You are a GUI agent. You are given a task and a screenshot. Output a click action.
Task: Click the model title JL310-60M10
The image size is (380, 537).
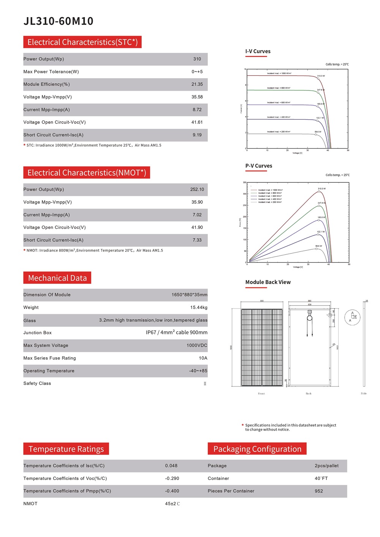tap(59, 21)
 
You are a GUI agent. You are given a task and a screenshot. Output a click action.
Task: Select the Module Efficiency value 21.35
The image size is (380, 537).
tap(197, 84)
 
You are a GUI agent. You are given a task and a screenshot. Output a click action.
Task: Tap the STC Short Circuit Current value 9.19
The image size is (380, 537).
tap(197, 135)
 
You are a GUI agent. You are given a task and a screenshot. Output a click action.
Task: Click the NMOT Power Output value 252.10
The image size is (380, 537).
tap(197, 189)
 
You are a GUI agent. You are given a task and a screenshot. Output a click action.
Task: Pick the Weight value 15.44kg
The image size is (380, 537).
tap(199, 307)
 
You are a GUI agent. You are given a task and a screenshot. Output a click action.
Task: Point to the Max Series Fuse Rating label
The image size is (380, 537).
tap(49, 358)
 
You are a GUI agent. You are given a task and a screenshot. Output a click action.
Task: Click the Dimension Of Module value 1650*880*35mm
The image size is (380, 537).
tap(189, 295)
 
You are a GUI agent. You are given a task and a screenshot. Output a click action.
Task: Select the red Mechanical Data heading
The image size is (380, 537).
tap(57, 278)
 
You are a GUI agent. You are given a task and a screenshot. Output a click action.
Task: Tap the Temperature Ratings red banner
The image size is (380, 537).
tap(66, 449)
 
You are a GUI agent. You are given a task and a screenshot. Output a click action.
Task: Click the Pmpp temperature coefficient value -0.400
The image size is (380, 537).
tap(172, 491)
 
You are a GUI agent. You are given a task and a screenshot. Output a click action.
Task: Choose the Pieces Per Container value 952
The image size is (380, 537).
tap(318, 491)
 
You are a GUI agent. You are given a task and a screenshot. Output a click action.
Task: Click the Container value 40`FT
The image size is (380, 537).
tap(321, 478)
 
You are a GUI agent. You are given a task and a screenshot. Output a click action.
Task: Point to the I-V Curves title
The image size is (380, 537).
tap(258, 51)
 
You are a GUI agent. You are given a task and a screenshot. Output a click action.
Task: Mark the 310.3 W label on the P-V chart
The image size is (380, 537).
tap(321, 189)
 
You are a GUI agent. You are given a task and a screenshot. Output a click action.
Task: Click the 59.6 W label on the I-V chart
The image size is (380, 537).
tap(318, 132)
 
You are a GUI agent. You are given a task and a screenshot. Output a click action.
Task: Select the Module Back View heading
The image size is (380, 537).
tap(268, 282)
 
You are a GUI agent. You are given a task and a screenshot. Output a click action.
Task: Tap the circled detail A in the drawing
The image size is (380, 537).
tap(352, 317)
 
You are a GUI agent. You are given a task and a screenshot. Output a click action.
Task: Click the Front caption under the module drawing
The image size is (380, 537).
tap(261, 394)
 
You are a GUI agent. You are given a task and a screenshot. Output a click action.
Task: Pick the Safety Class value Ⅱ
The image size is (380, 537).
tap(205, 383)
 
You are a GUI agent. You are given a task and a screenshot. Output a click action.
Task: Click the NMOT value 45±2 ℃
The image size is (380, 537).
tap(172, 504)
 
